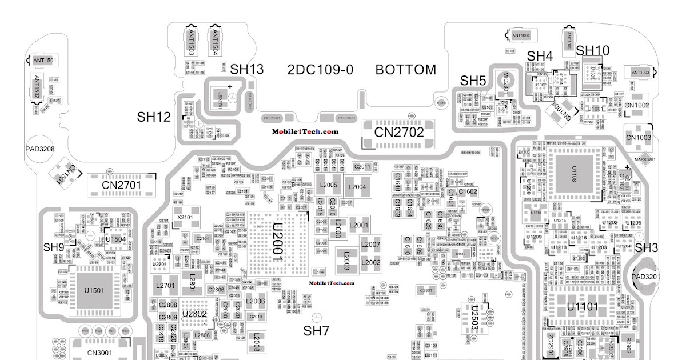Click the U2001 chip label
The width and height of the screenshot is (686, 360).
277,243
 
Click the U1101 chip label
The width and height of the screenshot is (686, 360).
582,307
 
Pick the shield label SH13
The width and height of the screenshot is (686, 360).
247,70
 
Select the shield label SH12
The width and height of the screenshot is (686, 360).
154,117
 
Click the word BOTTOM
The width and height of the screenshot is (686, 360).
405,70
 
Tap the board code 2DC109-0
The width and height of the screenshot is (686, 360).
320,70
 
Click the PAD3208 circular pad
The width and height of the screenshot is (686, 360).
40,150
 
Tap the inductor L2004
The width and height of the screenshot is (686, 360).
357,186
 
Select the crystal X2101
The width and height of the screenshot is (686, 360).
185,217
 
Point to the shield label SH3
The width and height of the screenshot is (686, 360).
647,247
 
